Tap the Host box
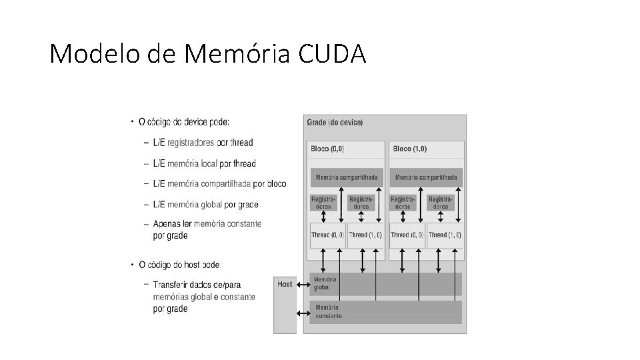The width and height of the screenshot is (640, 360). (x=285, y=303)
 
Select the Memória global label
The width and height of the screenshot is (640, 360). (x=325, y=283)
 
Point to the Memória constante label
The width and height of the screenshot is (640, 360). (x=329, y=311)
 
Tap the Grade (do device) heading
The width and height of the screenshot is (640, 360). (x=335, y=123)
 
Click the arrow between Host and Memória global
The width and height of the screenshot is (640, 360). (x=303, y=285)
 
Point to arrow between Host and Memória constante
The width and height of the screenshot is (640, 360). (x=303, y=312)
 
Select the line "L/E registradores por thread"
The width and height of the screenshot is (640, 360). (x=203, y=143)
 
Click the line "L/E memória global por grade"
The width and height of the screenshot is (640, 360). (x=205, y=204)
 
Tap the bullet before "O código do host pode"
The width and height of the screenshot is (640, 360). (x=133, y=265)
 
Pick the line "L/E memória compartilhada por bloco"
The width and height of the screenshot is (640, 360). (x=219, y=183)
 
